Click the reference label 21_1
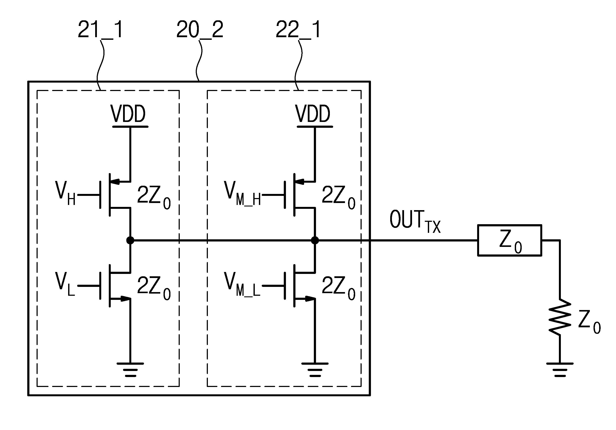click(101, 29)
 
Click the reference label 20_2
click(200, 29)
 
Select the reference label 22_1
click(298, 29)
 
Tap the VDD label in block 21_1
click(128, 114)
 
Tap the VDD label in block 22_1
click(313, 114)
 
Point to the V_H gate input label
click(65, 193)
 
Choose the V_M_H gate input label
click(242, 193)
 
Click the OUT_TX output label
click(415, 222)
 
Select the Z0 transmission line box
click(510, 240)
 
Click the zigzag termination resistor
click(560, 317)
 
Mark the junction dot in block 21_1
click(130, 240)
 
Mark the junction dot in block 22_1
click(315, 240)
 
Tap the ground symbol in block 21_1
click(130, 370)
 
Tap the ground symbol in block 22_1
click(315, 370)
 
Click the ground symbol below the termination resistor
click(560, 370)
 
